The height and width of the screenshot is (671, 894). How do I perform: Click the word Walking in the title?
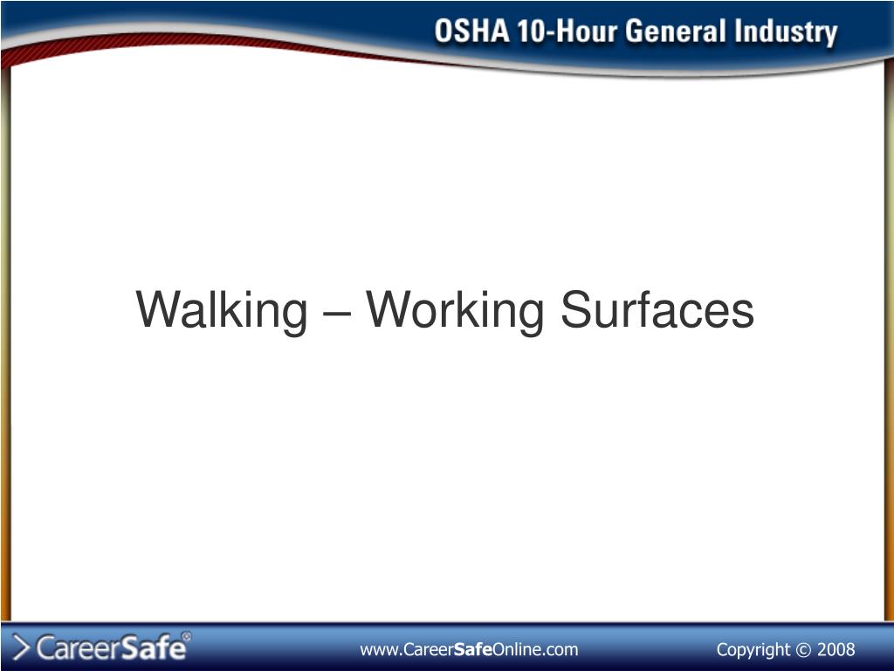222,311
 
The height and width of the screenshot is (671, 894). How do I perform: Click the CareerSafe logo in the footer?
103,647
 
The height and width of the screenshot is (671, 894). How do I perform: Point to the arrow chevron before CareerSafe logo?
22,648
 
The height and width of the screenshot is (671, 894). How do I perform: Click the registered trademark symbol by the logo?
185,637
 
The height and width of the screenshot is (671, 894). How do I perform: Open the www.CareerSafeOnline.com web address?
469,649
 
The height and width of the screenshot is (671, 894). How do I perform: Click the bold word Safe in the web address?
476,649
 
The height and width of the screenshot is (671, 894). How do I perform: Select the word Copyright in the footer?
753,649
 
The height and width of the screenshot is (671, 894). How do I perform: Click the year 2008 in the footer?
836,649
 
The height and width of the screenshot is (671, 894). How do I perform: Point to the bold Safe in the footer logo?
154,648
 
